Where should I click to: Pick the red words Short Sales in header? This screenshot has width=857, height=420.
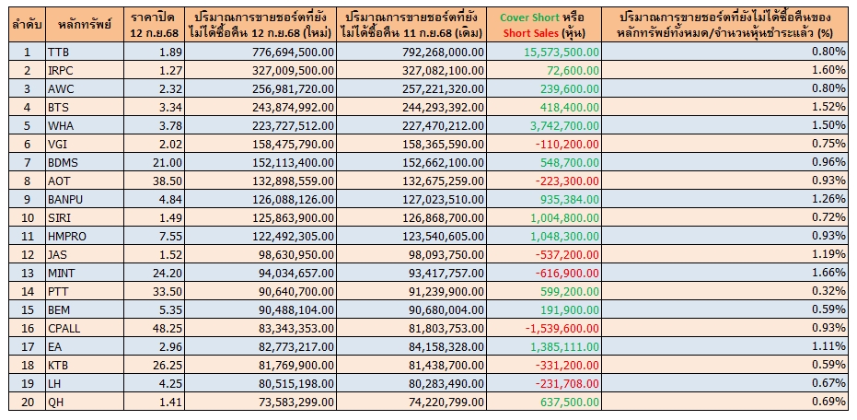pos(530,33)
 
